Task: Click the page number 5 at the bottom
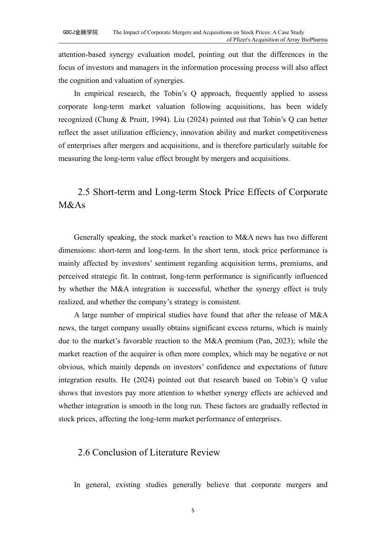click(193, 511)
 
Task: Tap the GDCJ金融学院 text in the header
click(80, 32)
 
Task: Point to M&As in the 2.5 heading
click(72, 205)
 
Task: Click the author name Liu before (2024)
click(174, 119)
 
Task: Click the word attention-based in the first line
click(81, 54)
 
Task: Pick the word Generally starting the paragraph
click(89, 237)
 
